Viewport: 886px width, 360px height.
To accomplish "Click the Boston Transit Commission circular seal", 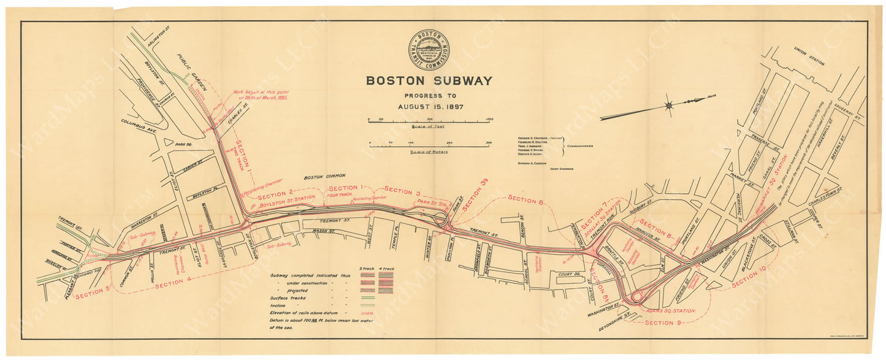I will (429, 51).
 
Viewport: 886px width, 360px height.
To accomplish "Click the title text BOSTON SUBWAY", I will (429, 80).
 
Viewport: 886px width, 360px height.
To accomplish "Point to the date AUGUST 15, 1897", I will (429, 106).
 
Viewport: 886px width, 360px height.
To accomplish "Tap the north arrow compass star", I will (669, 105).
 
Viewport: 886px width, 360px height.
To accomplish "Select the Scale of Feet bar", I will (429, 122).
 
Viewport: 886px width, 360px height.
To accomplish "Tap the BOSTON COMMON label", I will (322, 175).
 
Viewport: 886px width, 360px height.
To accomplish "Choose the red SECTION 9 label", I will (662, 323).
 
